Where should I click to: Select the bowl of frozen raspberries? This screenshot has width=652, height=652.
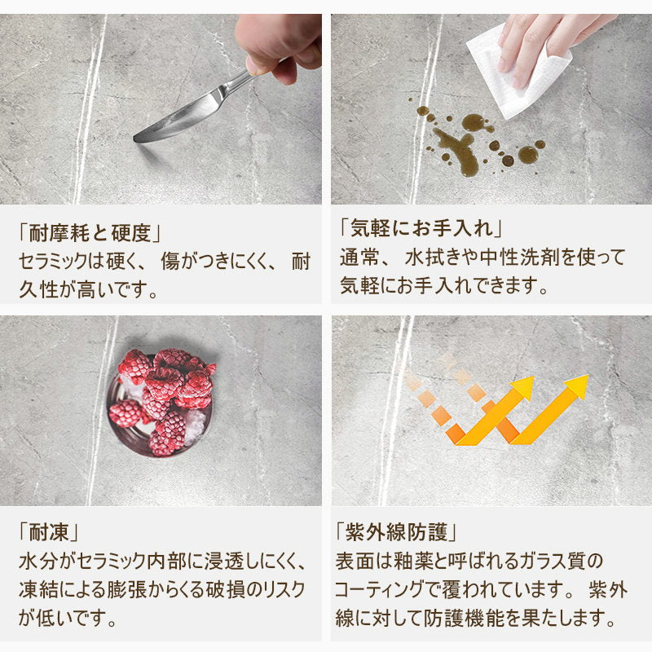(161, 401)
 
